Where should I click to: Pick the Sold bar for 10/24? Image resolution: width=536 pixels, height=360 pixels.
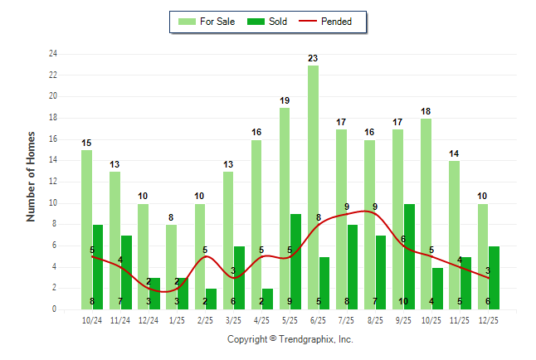tap(98, 266)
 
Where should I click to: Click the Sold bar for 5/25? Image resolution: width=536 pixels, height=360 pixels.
tap(295, 261)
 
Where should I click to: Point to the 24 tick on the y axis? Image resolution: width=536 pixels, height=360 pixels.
tap(53, 54)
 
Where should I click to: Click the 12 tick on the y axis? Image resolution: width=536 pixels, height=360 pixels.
tap(53, 182)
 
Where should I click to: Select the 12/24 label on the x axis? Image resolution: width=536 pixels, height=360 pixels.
tap(149, 319)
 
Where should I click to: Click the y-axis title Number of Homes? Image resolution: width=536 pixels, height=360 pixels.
tap(32, 176)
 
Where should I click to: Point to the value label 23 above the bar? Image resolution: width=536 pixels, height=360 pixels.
tap(313, 58)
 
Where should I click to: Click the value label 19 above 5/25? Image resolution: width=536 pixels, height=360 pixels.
tap(285, 100)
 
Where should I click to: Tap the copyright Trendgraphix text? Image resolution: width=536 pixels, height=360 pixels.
tap(290, 339)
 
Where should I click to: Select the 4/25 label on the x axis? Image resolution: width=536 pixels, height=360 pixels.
tap(261, 319)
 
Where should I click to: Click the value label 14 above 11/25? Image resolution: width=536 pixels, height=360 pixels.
tap(454, 153)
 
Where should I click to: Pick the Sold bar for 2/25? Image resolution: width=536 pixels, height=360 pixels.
tap(211, 299)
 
